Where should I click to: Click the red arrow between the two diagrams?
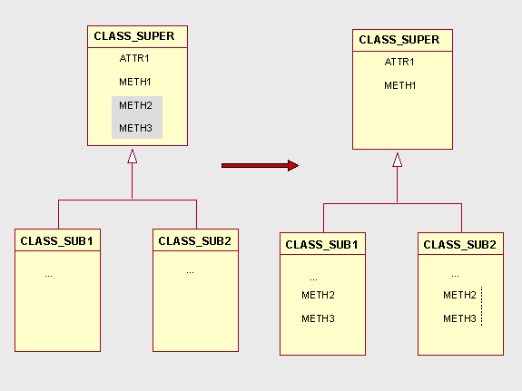[x=260, y=165]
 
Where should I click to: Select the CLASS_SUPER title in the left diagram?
[x=134, y=36]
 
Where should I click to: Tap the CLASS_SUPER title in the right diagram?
[x=399, y=40]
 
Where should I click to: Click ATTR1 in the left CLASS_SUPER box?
[x=134, y=58]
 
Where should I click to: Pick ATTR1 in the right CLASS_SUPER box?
[x=399, y=62]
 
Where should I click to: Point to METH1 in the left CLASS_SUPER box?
[x=135, y=82]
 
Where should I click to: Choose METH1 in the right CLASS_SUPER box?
[x=399, y=85]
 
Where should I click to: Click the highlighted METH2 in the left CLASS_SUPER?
[x=135, y=105]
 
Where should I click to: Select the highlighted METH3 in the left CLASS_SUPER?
[x=135, y=128]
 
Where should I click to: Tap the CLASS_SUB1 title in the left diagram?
[x=56, y=241]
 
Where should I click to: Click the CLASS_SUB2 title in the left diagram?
[x=195, y=241]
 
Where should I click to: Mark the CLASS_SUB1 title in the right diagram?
[x=321, y=245]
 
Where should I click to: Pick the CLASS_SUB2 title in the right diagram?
[x=459, y=245]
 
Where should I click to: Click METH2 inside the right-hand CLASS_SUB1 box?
[x=318, y=295]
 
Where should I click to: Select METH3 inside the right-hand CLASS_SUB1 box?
[x=318, y=318]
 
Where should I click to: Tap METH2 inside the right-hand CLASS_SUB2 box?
[x=459, y=295]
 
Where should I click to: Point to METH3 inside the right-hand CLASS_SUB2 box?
[x=459, y=318]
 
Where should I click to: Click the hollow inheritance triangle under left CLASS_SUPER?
[x=133, y=156]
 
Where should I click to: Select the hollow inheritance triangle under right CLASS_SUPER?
[x=397, y=160]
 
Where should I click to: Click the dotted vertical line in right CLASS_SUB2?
[x=482, y=306]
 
